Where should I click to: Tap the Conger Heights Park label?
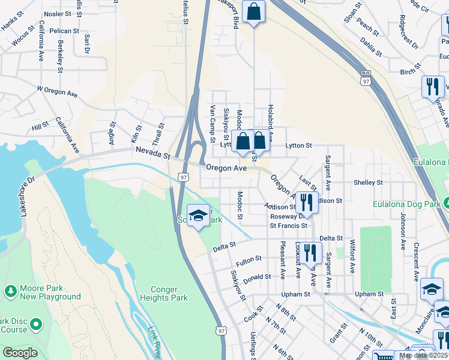(164, 293)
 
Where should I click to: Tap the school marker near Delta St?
(198, 216)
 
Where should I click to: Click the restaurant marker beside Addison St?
(307, 202)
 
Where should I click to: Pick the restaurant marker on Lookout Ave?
(309, 252)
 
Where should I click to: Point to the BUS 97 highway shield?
(365, 78)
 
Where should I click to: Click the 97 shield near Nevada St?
(182, 176)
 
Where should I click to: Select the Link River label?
(155, 343)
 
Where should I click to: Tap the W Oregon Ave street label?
(58, 91)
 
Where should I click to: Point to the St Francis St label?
(288, 226)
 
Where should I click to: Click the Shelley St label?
(368, 182)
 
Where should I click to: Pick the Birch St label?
(408, 71)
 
